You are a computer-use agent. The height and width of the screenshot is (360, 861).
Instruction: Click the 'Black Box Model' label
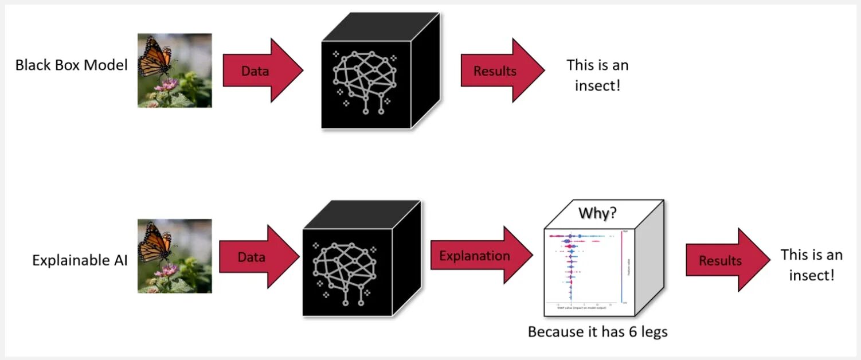[x=71, y=65]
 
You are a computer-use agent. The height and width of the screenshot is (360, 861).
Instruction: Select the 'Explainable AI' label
[x=80, y=260]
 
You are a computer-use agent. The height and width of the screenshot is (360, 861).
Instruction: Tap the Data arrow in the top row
[x=261, y=71]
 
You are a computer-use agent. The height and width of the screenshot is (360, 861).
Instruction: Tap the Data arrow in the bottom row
[x=257, y=257]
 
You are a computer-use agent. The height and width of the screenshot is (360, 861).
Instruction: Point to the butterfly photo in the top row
[x=174, y=70]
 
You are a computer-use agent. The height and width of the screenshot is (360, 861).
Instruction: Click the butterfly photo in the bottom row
[x=174, y=256]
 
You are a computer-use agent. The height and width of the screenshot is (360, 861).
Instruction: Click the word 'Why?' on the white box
[x=597, y=213]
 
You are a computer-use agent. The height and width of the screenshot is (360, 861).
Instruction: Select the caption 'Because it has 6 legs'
[x=597, y=332]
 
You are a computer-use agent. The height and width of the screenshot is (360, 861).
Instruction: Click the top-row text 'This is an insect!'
[x=597, y=75]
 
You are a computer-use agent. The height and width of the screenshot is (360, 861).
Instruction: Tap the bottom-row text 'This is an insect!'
[x=811, y=264]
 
